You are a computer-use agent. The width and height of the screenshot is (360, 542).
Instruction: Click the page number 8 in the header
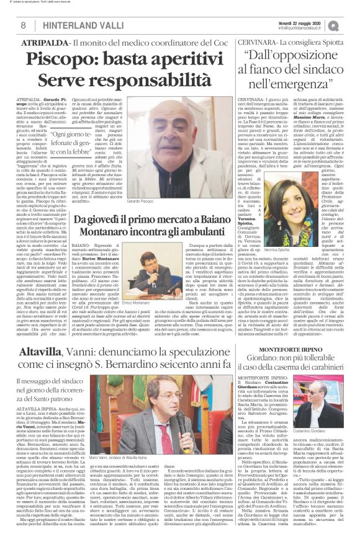coord(22,25)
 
